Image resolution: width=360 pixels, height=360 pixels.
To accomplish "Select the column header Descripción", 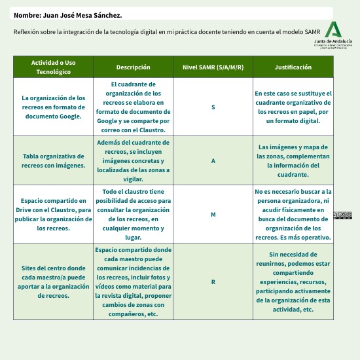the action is click(133, 67).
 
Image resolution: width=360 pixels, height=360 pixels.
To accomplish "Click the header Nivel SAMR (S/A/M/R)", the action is click(213, 67).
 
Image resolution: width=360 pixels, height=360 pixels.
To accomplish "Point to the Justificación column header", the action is click(293, 67).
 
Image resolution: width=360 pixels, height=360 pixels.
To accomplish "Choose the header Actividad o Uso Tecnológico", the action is click(53, 67).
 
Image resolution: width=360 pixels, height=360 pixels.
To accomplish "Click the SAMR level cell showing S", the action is click(213, 107).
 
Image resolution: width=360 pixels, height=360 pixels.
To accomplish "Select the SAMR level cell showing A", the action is click(213, 161).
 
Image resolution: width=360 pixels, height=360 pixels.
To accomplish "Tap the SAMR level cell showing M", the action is click(213, 215).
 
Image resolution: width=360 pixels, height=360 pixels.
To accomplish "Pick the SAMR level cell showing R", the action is click(213, 282).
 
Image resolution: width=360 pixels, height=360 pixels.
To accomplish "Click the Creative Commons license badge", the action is click(342, 215).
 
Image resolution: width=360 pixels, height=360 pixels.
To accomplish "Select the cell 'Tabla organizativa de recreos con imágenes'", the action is click(53, 161).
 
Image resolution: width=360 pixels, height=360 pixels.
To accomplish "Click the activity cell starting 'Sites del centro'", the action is click(53, 282).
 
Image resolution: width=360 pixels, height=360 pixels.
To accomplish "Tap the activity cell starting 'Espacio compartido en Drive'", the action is click(53, 215).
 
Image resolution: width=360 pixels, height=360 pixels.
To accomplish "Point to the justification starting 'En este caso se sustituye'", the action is click(293, 107).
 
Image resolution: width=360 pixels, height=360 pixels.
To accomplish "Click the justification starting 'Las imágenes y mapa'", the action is click(293, 161).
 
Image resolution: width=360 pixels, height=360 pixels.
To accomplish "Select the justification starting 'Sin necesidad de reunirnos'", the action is click(293, 282).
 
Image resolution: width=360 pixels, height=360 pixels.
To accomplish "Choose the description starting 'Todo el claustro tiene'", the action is click(133, 215).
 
